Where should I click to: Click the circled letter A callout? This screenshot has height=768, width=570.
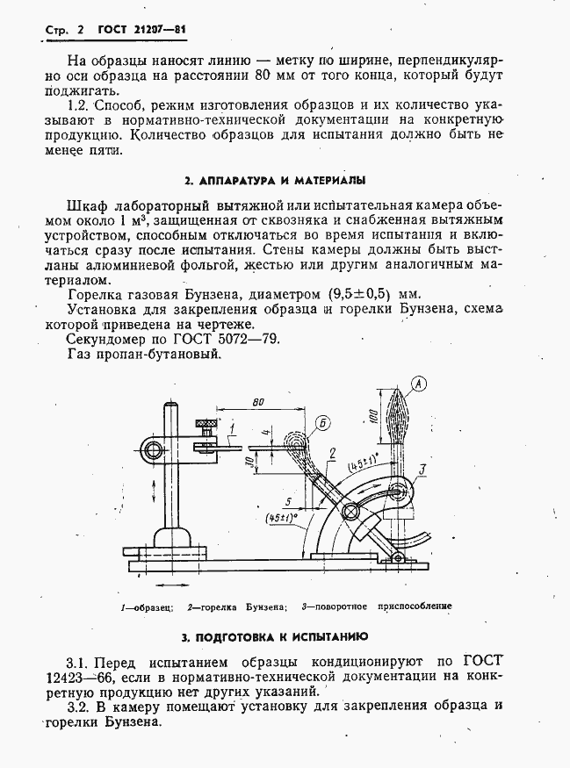point(419,383)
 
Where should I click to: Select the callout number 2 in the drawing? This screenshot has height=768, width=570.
point(332,453)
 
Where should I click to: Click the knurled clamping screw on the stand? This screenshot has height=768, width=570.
point(207,428)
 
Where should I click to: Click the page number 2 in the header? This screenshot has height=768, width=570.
point(80,30)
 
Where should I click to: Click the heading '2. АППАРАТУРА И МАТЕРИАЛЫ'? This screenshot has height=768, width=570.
point(275,181)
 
